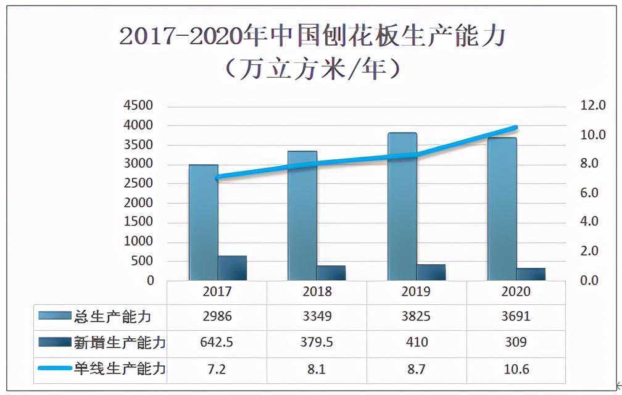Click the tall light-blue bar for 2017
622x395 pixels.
coord(203,222)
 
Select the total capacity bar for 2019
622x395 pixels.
coord(402,207)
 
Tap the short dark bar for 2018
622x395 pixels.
coord(331,273)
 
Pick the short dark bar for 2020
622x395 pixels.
coord(531,274)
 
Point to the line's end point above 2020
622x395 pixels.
coord(516,128)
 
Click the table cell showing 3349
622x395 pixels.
coord(317,317)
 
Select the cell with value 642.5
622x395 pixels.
coord(217,343)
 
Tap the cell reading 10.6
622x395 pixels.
coord(516,369)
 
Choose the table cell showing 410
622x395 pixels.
coord(417,343)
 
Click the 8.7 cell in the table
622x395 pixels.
coord(417,369)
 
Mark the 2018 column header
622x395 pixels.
coord(317,291)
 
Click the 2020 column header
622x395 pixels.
coord(516,291)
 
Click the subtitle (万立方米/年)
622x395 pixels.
coord(312,69)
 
